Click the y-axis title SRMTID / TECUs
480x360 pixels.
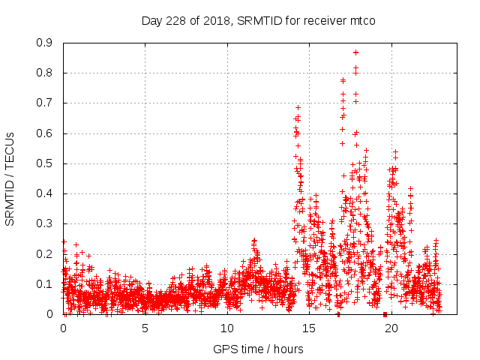(x=10, y=178)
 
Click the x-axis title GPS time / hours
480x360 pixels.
(x=258, y=349)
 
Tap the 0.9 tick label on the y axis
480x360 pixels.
(x=46, y=43)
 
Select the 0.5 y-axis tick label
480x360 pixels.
(x=46, y=163)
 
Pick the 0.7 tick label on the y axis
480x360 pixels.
(x=46, y=103)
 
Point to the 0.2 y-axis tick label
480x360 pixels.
(x=46, y=253)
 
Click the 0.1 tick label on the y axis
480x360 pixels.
(x=46, y=284)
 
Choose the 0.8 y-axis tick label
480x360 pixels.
(x=46, y=73)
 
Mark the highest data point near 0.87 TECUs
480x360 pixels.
(x=355, y=52)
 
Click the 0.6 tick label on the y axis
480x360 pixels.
(x=46, y=133)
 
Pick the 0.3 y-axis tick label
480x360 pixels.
(x=46, y=223)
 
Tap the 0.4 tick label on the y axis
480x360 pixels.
(x=46, y=193)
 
